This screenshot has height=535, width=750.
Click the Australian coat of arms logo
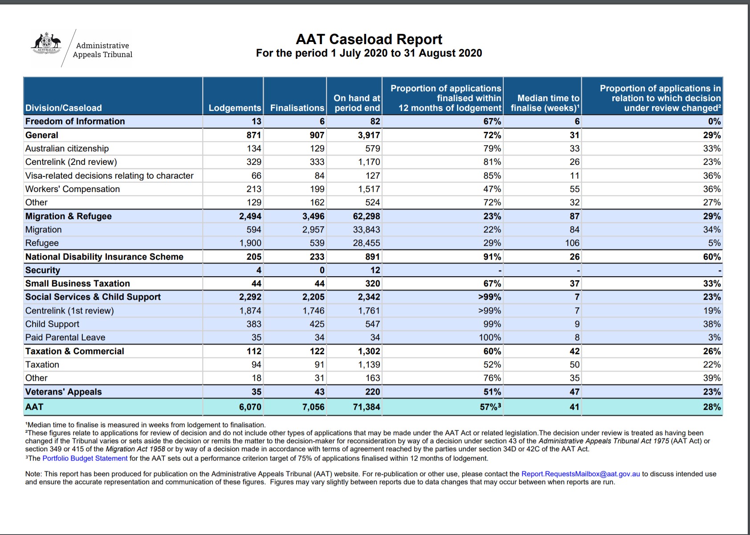(46, 43)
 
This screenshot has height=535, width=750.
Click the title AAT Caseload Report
(369, 39)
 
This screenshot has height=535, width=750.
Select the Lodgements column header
(235, 108)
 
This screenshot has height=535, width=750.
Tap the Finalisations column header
(297, 108)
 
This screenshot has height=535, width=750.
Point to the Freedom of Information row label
(75, 122)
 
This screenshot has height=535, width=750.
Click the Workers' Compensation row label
(73, 189)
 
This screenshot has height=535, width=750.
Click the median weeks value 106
(572, 243)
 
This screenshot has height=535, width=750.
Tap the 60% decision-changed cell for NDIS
(712, 257)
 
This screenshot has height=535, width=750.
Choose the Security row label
(43, 270)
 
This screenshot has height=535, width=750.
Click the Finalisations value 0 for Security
(322, 270)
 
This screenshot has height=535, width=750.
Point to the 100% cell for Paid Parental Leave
(490, 337)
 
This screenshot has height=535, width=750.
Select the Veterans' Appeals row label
(63, 392)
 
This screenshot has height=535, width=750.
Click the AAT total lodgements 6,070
(250, 407)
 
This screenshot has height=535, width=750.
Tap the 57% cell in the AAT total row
(490, 407)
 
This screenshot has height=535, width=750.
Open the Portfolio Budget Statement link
(85, 458)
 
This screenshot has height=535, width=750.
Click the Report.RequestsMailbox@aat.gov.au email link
(580, 474)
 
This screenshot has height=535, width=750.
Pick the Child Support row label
(52, 324)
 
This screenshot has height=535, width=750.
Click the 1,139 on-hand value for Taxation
(369, 364)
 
